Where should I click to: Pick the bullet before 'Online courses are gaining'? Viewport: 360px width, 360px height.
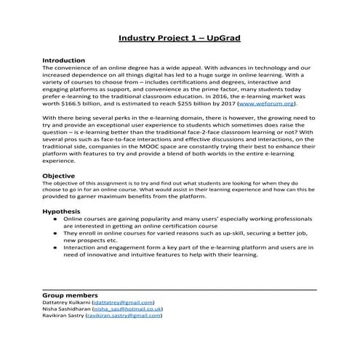pos(55,218)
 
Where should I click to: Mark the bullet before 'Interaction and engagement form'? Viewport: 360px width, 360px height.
pos(55,247)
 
